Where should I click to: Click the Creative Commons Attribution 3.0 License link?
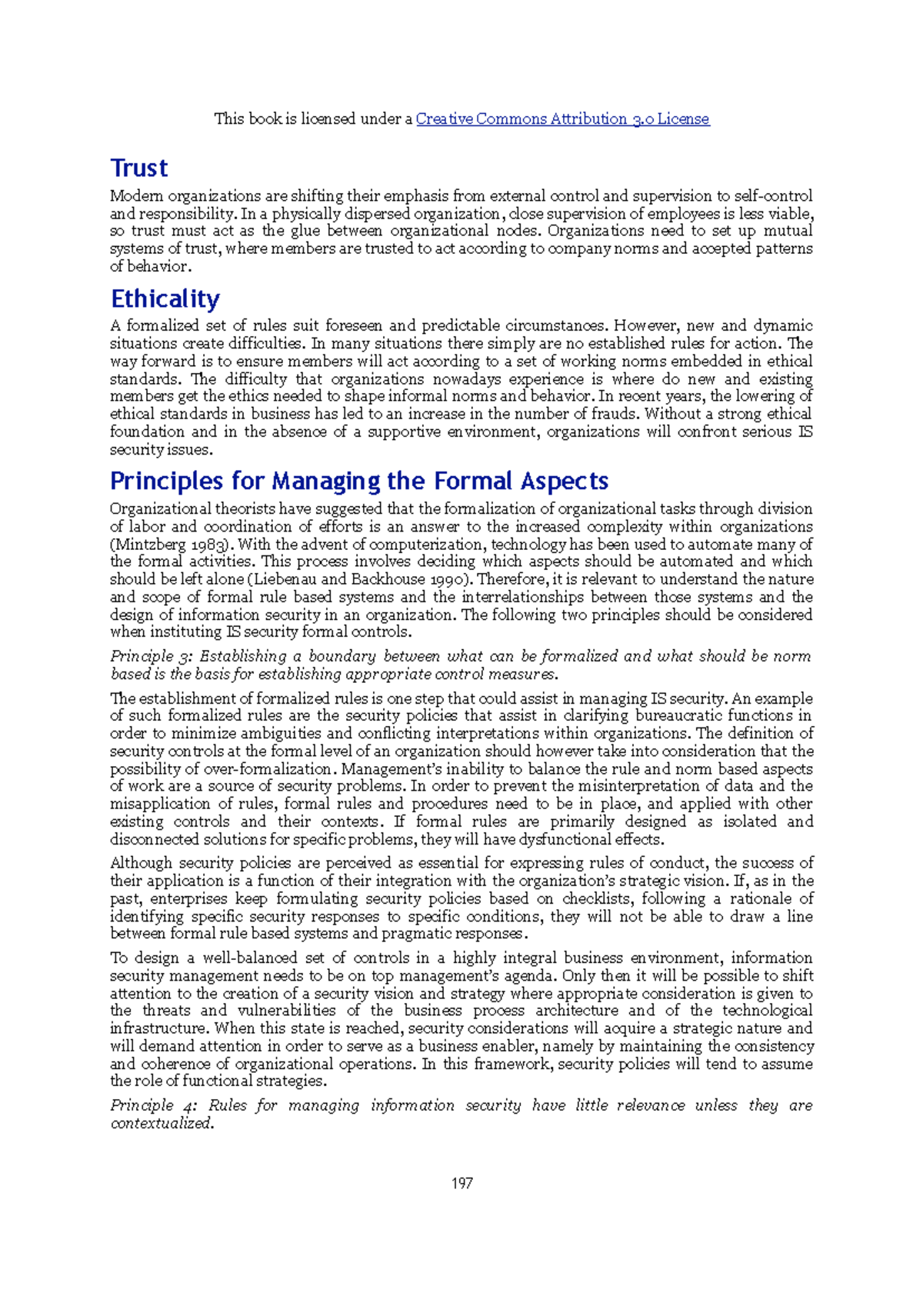pyautogui.click(x=562, y=118)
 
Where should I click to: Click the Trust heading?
pyautogui.click(x=138, y=168)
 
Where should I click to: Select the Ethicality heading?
pyautogui.click(x=165, y=298)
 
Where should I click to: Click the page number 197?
pyautogui.click(x=461, y=1183)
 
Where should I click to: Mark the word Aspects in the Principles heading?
pyautogui.click(x=564, y=481)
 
